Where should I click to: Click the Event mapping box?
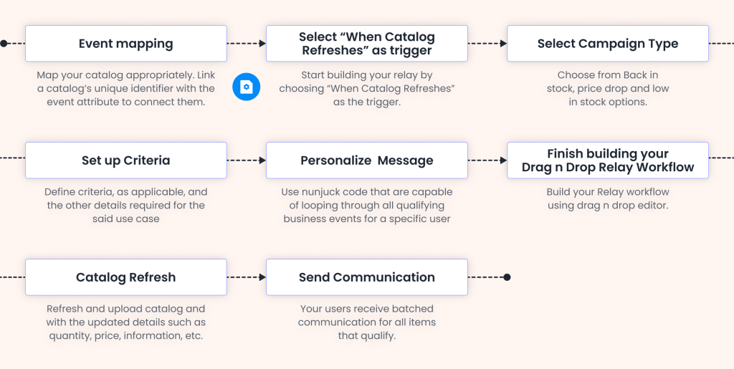[x=126, y=44]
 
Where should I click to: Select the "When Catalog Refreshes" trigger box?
[x=366, y=44]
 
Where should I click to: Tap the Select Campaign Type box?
[x=607, y=44]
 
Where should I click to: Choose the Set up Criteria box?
[x=126, y=160]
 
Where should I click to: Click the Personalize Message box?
[x=366, y=160]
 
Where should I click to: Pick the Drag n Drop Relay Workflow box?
[x=607, y=160]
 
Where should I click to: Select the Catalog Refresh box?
[x=126, y=277]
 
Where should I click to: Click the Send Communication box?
[x=366, y=277]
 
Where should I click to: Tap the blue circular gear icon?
[x=246, y=87]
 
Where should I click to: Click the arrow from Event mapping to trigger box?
[x=246, y=44]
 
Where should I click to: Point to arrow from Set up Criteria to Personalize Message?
[x=246, y=160]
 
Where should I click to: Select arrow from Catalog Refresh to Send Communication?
[x=246, y=277]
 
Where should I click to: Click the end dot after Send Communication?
[x=507, y=277]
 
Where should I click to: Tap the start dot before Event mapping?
[x=4, y=44]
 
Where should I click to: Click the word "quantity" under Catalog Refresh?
[x=70, y=335]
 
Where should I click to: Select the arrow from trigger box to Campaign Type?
[x=487, y=44]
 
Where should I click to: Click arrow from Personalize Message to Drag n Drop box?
[x=487, y=160]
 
